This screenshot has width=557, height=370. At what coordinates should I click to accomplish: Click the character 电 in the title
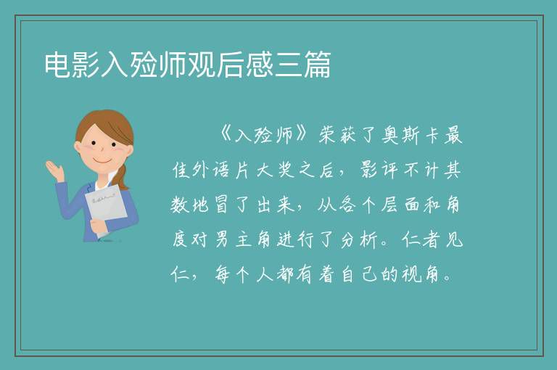coord(58,65)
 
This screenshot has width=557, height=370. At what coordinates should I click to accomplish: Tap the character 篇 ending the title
coord(317,65)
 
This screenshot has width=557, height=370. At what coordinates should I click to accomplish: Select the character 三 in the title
coord(288,65)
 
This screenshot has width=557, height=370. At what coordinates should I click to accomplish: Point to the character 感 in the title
coord(260,65)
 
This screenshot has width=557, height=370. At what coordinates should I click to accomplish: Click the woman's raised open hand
coord(54,170)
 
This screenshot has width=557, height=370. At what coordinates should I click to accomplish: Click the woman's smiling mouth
coord(102,160)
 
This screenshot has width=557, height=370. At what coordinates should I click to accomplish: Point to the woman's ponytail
coord(123,177)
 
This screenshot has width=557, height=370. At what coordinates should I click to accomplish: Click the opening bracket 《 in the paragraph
coord(226,135)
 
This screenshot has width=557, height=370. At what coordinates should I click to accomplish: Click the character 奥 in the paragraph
coord(390,135)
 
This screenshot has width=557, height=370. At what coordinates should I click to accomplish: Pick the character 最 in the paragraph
coord(453,135)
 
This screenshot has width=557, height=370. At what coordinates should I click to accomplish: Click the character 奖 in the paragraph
coord(286,170)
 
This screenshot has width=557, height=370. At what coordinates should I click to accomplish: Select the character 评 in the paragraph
coord(389,170)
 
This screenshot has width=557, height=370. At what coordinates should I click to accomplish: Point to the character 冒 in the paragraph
coord(221,205)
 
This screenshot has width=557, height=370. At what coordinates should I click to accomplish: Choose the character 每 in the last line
coord(222,274)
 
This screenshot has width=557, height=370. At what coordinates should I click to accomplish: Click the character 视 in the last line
coord(411,274)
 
